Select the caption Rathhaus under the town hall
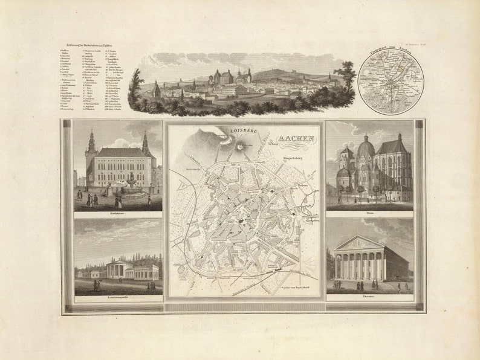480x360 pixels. pyautogui.click(x=118, y=213)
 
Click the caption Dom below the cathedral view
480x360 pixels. pyautogui.click(x=369, y=214)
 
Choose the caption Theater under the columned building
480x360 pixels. pyautogui.click(x=369, y=297)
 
